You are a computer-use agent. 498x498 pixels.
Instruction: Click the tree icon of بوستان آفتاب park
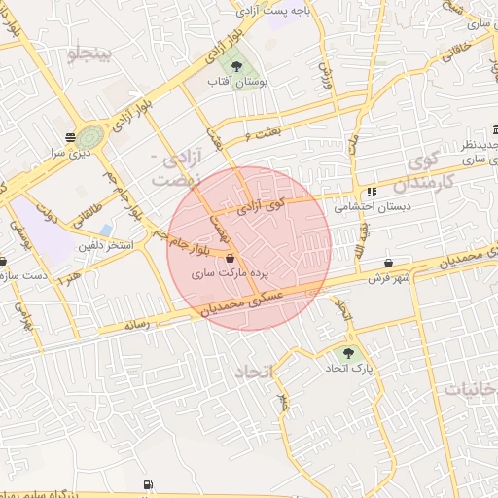[x=236, y=66]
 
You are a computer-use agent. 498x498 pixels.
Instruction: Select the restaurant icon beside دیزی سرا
[x=70, y=137]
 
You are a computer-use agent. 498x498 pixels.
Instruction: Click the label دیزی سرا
[x=70, y=153]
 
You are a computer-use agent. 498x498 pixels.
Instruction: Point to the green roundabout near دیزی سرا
[x=91, y=137]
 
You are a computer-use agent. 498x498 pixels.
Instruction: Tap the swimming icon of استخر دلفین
[x=104, y=230]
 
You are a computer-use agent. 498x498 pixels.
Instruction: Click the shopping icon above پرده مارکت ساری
[x=230, y=260]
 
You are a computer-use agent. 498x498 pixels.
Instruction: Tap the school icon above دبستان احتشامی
[x=371, y=192]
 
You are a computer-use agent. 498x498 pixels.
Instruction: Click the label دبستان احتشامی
[x=373, y=207]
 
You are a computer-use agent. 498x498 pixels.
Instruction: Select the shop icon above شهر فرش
[x=389, y=263]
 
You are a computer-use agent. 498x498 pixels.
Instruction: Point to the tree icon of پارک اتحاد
[x=349, y=353]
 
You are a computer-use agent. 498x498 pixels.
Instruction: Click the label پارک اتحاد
[x=348, y=369]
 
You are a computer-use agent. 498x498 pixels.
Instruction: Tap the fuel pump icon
[x=147, y=484]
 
